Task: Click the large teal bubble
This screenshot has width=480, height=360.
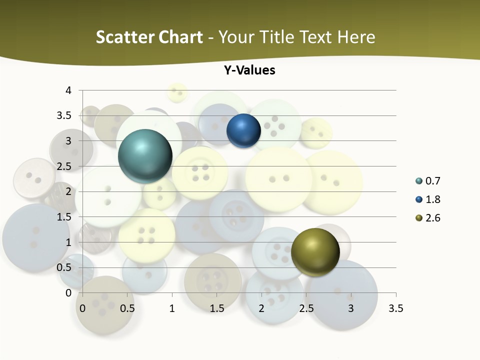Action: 145,156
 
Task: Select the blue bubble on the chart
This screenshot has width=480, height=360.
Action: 243,131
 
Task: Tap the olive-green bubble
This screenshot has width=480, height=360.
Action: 315,252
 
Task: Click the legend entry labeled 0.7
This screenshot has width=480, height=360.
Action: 432,181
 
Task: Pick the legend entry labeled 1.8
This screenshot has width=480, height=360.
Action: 432,199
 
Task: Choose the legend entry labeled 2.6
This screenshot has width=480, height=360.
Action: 432,218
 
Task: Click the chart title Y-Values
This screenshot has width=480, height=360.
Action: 249,70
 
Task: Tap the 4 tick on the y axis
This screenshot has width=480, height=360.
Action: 68,90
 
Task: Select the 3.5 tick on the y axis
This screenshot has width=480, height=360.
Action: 65,116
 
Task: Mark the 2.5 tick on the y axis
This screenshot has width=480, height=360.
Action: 65,166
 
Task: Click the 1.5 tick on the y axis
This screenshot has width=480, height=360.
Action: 65,217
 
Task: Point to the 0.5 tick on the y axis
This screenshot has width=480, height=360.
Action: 65,267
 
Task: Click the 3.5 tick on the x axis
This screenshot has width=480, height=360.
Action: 395,308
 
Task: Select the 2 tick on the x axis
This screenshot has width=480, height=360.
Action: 261,308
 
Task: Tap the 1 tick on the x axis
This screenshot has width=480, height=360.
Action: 172,308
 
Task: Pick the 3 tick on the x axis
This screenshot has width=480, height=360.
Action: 351,308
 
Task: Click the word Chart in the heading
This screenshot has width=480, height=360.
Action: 180,37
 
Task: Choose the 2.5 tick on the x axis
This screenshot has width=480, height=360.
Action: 306,308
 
